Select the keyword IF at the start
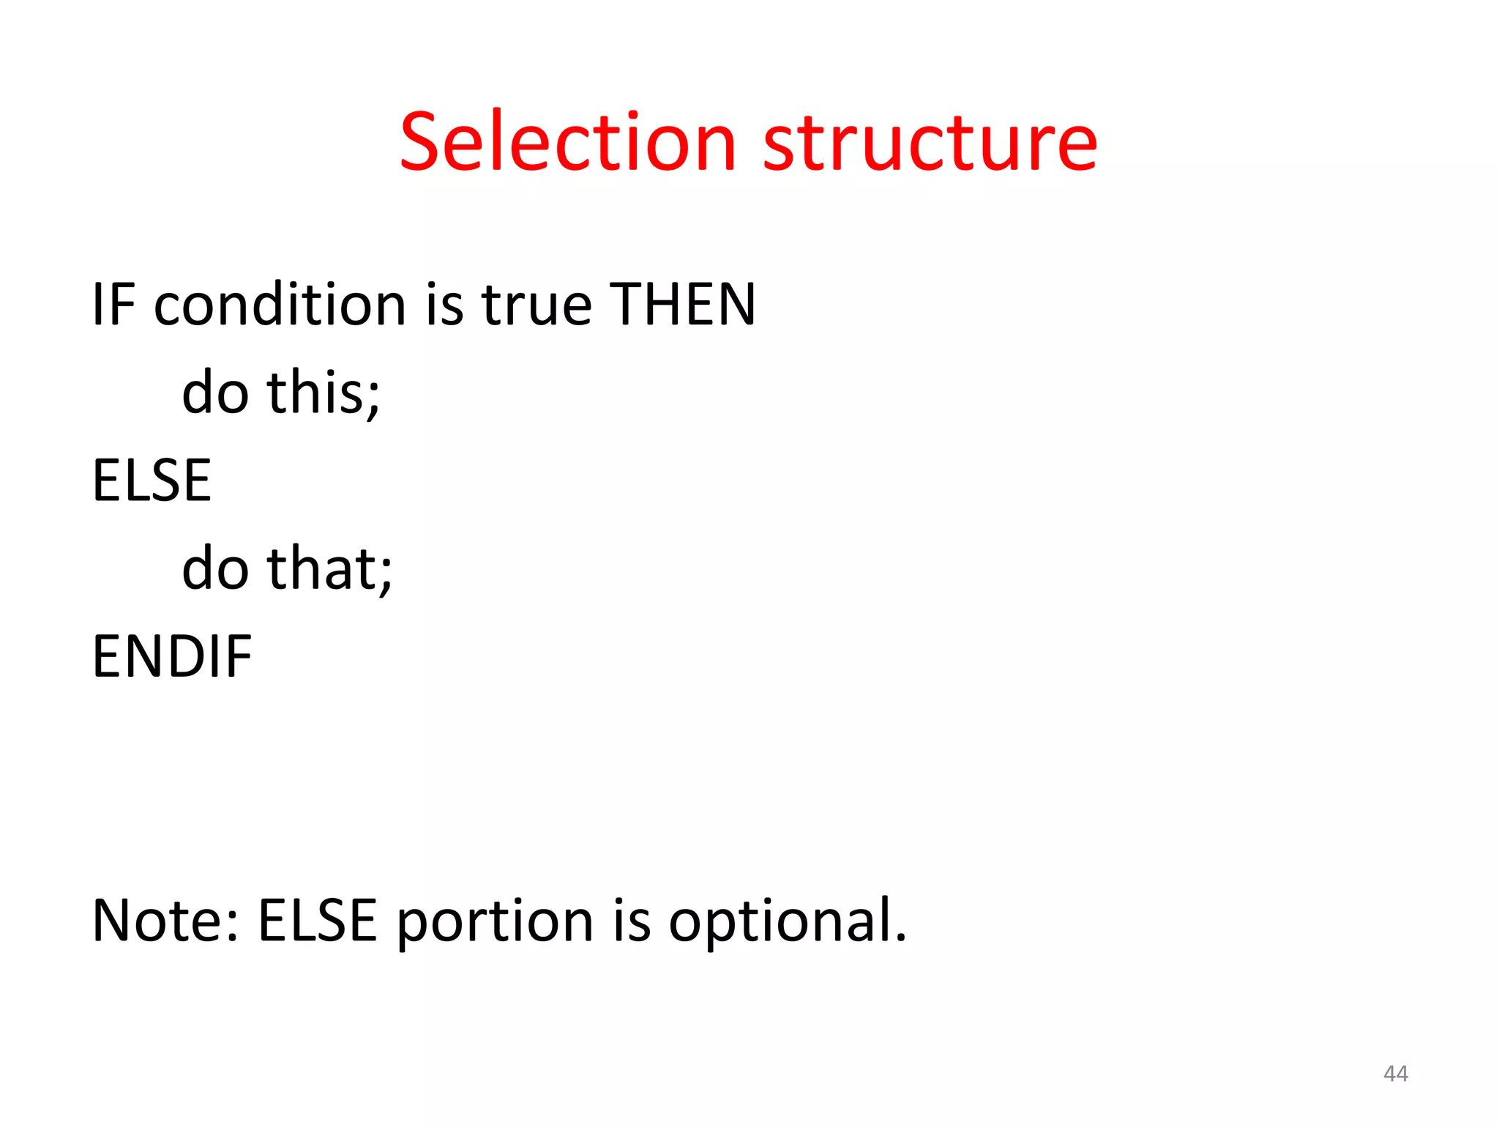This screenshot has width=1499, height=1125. [113, 304]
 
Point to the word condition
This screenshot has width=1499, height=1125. [280, 304]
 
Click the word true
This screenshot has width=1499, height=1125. [537, 304]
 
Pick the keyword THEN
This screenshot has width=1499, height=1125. [682, 304]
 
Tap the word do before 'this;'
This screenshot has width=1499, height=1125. [215, 393]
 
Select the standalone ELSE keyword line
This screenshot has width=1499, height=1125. [152, 480]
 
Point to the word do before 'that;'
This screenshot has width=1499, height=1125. [215, 568]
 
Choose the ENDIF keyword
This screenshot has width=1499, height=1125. [172, 656]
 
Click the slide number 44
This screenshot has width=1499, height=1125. [1395, 1074]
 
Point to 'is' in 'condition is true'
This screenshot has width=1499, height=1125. [444, 304]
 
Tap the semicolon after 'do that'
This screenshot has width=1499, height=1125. [386, 575]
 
